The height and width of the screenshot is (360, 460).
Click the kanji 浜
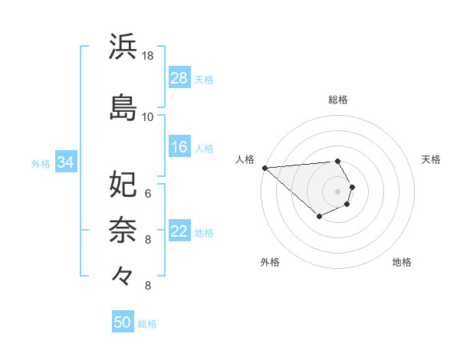coord(123,47)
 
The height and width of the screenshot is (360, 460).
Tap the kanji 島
coord(123,107)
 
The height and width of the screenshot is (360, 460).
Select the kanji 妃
coord(123,183)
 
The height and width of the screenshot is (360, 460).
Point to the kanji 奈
coord(123,229)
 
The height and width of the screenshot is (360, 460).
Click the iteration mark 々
coord(123,274)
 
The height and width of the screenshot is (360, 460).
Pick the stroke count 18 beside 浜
coord(148,56)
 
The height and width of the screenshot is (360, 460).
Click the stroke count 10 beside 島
coord(148,117)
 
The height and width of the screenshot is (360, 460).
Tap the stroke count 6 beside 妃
coord(148,193)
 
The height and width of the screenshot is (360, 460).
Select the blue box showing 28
coord(179,78)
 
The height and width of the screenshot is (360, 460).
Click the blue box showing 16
coord(179,147)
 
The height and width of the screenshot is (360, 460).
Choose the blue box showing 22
coord(179,231)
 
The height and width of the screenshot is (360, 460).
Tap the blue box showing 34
coord(66,162)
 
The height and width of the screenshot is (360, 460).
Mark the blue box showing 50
coord(123,322)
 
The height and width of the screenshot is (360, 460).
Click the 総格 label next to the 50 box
coord(147,324)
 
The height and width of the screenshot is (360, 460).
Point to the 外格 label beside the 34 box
coord(41,163)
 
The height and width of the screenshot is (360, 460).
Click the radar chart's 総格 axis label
coord(338,100)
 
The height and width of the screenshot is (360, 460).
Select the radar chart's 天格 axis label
coord(432,159)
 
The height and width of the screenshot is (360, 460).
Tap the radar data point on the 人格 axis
coord(264,167)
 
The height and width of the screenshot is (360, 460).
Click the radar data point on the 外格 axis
coord(319,218)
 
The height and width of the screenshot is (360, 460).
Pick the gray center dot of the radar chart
coord(338,191)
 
